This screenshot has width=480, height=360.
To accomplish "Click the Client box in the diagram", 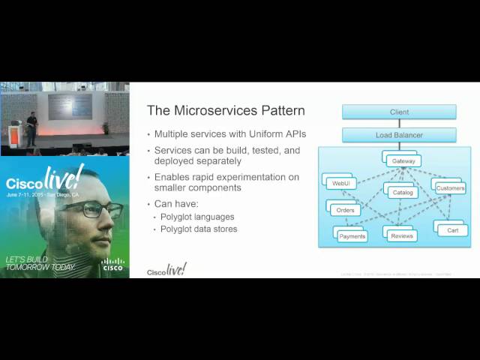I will point(399,112).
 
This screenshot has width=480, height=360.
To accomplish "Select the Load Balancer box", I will point(399,135).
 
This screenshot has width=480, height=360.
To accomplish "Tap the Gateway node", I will point(403,161).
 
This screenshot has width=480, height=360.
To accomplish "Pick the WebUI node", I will point(339,183).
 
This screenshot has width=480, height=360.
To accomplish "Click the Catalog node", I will point(403,192).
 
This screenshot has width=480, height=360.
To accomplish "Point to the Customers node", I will point(450,187).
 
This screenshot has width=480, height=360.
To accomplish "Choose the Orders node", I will point(345,210).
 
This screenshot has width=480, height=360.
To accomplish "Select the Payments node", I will point(352,236).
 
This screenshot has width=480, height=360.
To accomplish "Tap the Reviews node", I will point(402,236).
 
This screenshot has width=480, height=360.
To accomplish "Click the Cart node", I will point(452,230).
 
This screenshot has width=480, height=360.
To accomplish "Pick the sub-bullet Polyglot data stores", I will point(199,229).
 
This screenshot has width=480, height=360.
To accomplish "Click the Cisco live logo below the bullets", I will point(166,270).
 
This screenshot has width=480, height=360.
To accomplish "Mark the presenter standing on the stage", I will point(31,129).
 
